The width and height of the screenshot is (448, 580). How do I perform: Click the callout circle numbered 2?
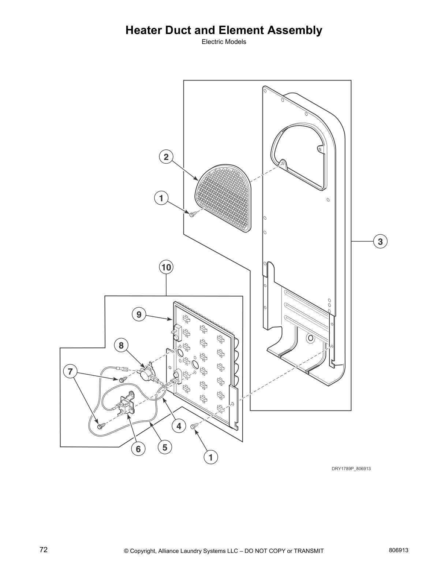pyautogui.click(x=166, y=157)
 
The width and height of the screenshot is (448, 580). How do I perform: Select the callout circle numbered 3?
pyautogui.click(x=380, y=242)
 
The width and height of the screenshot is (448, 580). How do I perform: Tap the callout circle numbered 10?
pyautogui.click(x=166, y=267)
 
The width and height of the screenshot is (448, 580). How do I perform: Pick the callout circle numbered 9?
pyautogui.click(x=139, y=315)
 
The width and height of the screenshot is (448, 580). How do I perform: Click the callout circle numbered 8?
pyautogui.click(x=121, y=345)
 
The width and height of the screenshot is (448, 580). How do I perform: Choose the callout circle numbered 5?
pyautogui.click(x=165, y=447)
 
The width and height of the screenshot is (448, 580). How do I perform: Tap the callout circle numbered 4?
pyautogui.click(x=179, y=426)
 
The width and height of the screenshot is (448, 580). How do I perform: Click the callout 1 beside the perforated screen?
pyautogui.click(x=161, y=199)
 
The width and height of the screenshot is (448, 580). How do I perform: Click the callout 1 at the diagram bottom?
pyautogui.click(x=210, y=457)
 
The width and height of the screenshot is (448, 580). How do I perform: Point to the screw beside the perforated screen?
pyautogui.click(x=192, y=213)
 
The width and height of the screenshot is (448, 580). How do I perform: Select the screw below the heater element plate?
pyautogui.click(x=194, y=426)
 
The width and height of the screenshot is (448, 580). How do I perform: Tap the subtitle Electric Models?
pyautogui.click(x=224, y=42)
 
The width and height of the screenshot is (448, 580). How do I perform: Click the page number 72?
pyautogui.click(x=44, y=550)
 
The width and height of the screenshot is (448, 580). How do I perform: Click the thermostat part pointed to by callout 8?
pyautogui.click(x=148, y=373)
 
